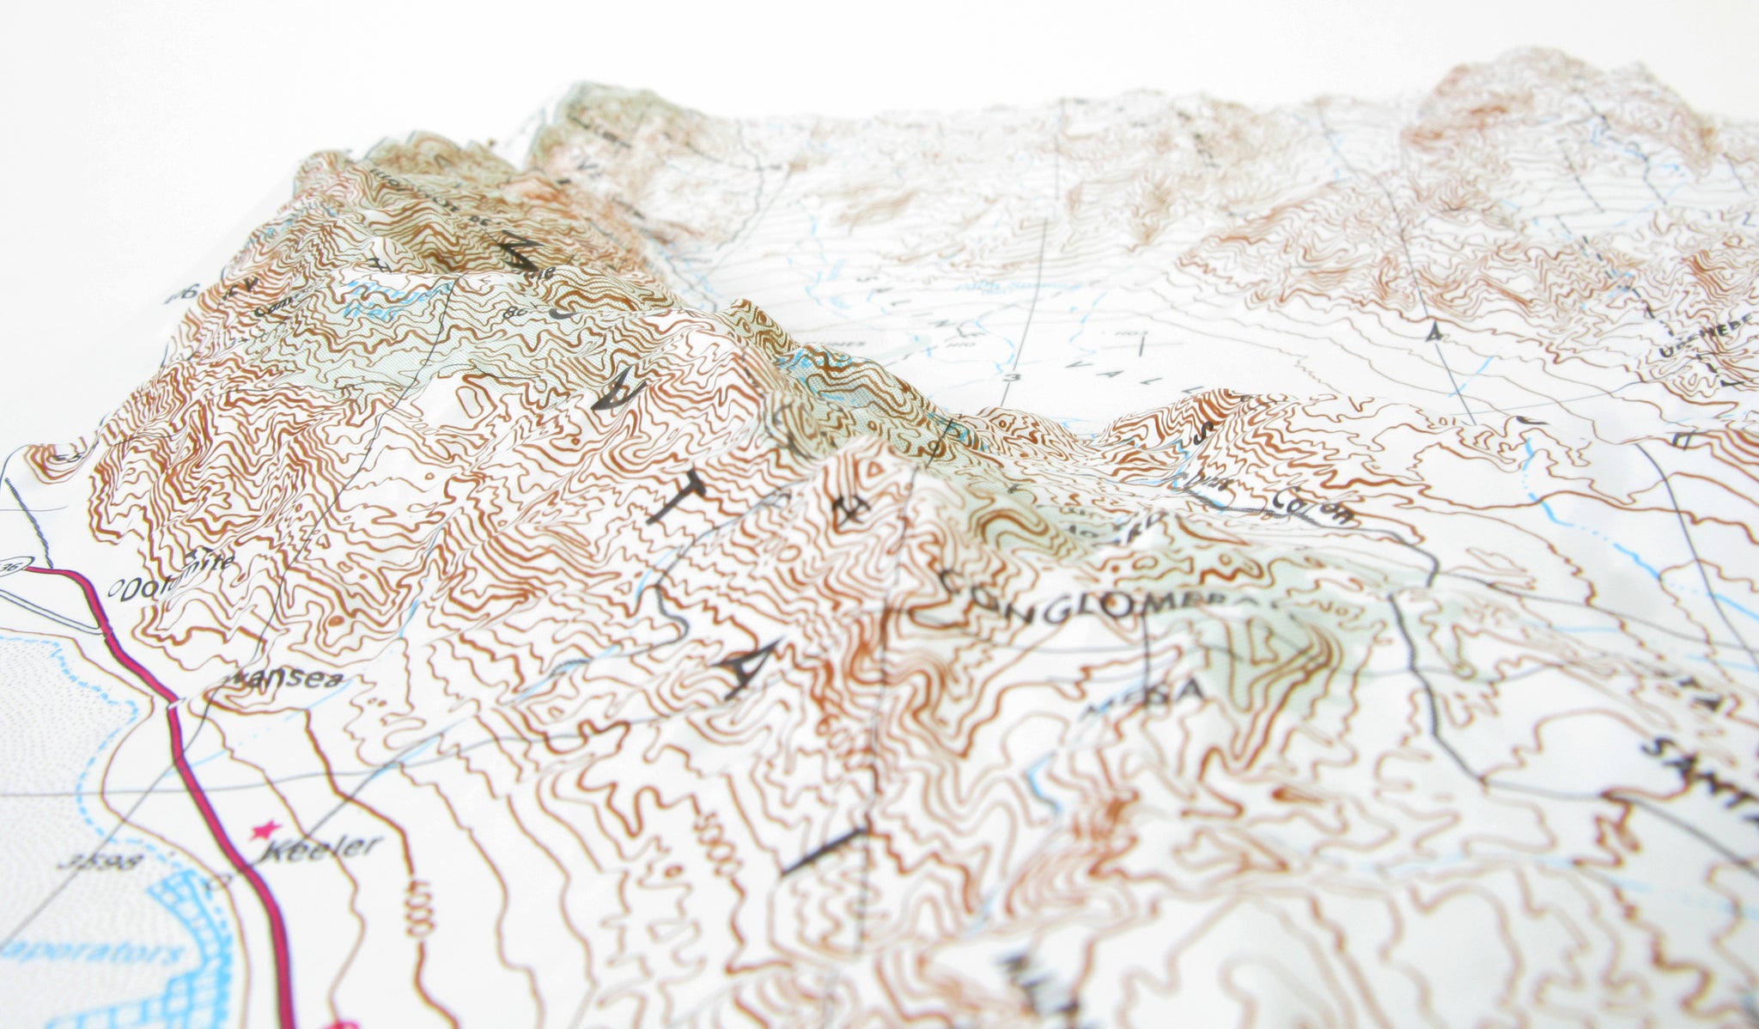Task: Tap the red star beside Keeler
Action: [x=264, y=831]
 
